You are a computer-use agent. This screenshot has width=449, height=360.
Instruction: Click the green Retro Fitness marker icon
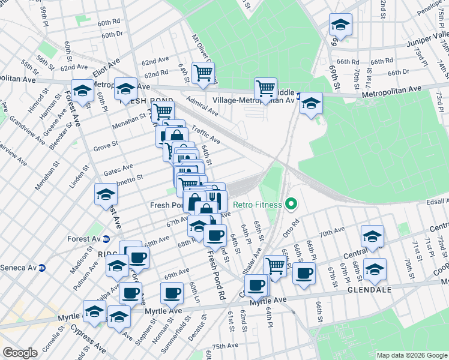291,205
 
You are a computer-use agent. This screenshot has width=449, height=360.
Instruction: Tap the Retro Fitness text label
258,205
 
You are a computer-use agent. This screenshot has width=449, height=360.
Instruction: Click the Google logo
20,353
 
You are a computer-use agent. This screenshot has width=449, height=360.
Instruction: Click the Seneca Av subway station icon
42,268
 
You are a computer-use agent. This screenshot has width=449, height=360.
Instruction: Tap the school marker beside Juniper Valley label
340,25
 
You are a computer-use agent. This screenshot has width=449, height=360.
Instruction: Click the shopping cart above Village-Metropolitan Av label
265,89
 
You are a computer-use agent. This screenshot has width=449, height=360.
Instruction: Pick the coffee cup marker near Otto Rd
304,274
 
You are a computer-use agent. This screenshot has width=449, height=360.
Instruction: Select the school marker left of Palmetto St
105,194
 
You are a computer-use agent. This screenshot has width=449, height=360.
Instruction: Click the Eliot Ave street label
106,61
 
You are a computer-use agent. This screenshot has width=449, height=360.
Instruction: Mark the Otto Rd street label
292,231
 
